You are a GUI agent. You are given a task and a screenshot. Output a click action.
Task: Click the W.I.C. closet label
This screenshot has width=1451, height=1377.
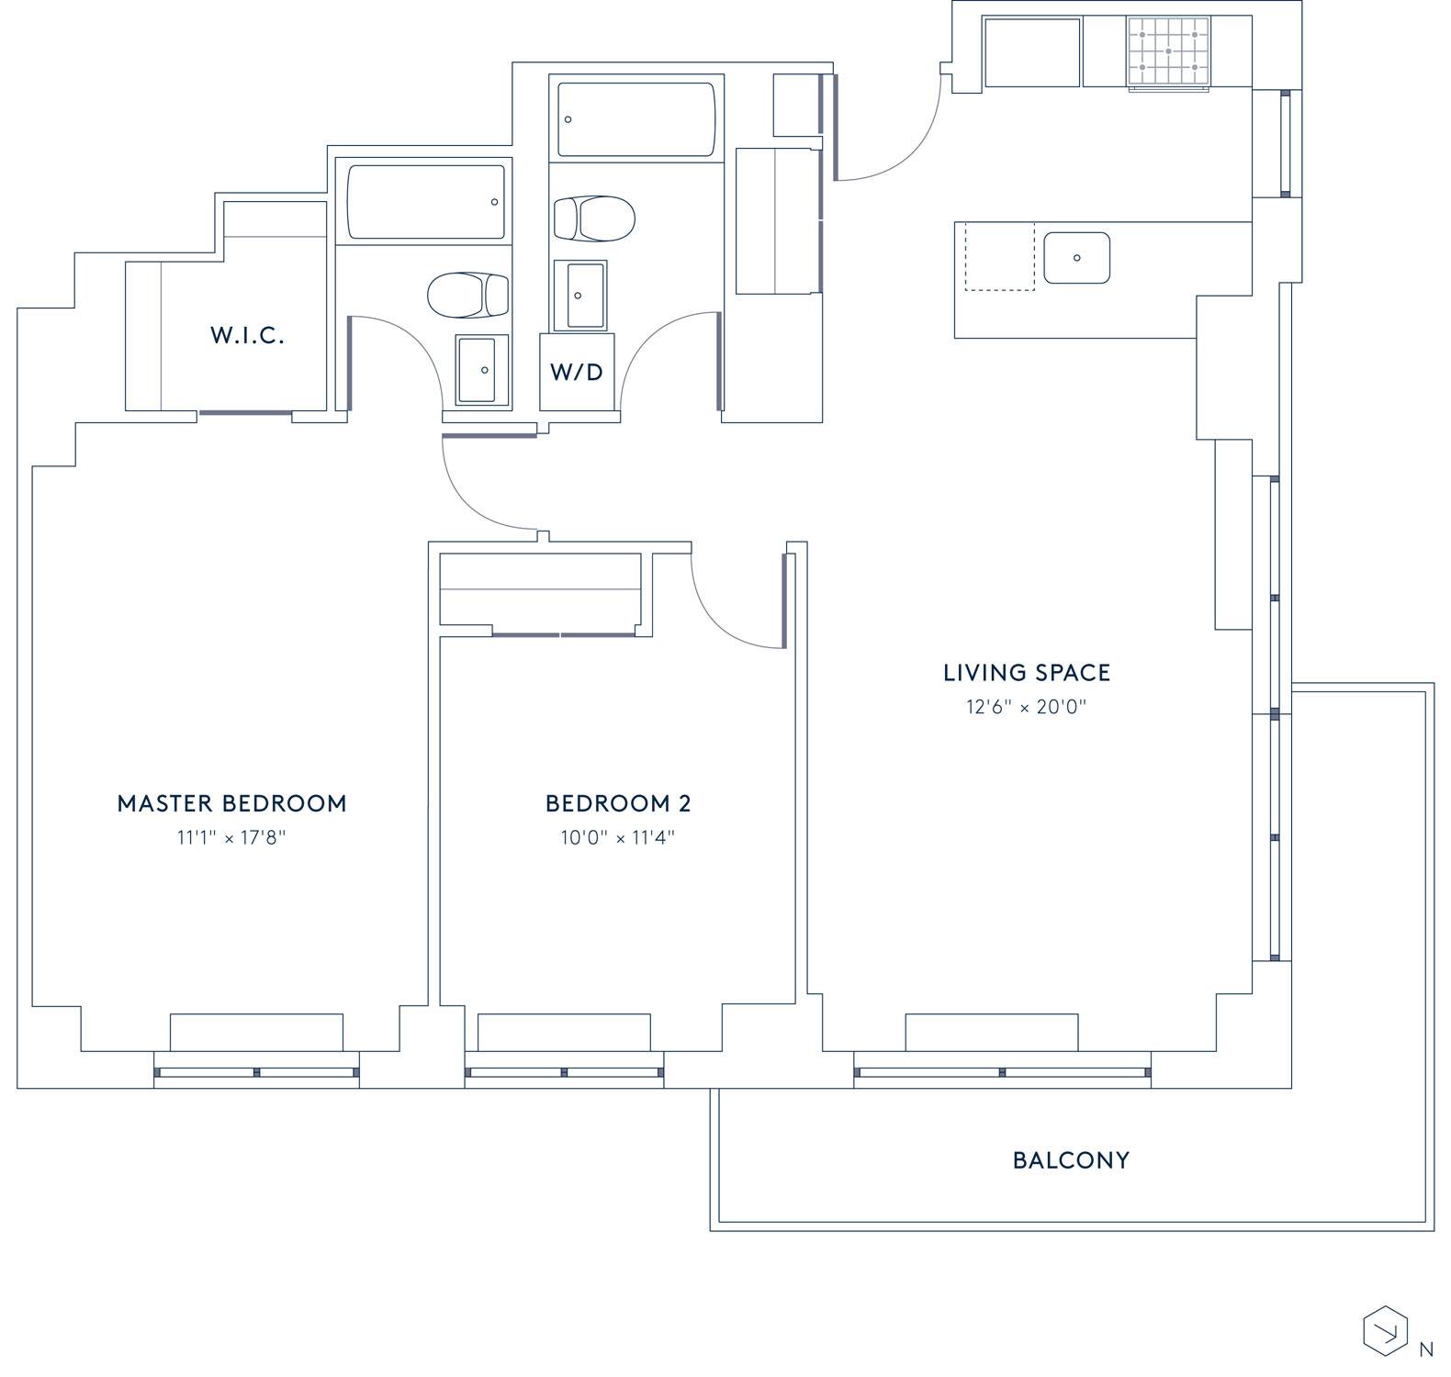click(x=247, y=335)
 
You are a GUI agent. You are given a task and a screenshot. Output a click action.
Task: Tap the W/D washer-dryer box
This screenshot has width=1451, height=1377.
click(x=578, y=371)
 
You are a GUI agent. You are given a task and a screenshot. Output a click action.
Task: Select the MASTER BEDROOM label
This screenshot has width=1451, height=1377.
click(x=232, y=803)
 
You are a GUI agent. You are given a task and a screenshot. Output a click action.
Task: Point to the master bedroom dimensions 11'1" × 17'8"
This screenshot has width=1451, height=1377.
click(x=232, y=837)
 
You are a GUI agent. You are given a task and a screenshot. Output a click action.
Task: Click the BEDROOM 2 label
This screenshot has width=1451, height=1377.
click(x=618, y=803)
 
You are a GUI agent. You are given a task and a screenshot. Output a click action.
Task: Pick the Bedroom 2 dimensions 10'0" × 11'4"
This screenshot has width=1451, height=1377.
click(x=618, y=837)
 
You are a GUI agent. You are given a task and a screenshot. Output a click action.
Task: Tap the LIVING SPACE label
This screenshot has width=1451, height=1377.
click(x=1027, y=673)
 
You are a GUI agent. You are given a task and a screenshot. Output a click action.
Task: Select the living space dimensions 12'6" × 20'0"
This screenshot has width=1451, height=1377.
click(x=1027, y=707)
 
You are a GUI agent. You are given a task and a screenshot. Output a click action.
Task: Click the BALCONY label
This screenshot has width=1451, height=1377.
click(x=1071, y=1160)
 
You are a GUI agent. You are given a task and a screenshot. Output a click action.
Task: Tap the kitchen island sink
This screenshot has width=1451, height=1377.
click(x=1076, y=258)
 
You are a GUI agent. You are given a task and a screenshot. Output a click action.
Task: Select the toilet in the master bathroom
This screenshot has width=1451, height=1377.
click(x=467, y=294)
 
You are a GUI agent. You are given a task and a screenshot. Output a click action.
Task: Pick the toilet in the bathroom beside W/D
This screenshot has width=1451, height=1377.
click(x=594, y=218)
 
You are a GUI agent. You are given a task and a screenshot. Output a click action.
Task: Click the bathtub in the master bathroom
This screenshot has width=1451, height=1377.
click(x=426, y=201)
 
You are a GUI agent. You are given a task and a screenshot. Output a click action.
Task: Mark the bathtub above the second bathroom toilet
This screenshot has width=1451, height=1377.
click(x=636, y=120)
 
